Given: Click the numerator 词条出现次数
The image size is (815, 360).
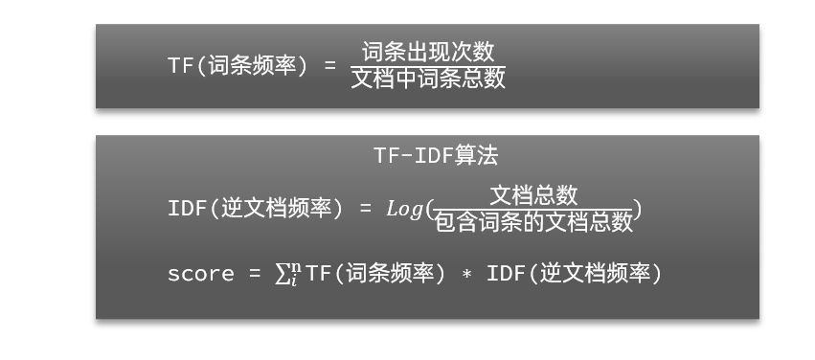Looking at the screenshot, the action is tap(428, 52).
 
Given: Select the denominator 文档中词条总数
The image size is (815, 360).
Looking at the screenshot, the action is tap(428, 79).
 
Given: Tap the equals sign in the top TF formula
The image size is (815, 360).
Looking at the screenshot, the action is tap(330, 65).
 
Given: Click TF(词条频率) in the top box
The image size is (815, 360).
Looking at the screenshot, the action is tap(238, 65).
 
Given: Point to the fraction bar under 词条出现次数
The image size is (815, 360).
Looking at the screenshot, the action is tap(428, 65).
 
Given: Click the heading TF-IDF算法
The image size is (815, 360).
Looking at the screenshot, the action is tap(436, 155).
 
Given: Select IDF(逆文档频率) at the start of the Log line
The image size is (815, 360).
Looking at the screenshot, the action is tap(255, 208).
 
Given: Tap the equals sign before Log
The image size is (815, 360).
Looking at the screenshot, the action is tap(365, 208).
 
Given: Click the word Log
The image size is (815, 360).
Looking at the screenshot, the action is tap(404, 208).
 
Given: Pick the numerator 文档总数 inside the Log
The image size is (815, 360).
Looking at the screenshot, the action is tap(534, 195).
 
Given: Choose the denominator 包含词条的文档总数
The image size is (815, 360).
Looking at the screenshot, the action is tap(534, 222).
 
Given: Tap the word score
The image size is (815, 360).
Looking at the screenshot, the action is tap(200, 274).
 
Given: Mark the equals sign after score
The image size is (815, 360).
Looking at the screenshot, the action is tap(255, 274).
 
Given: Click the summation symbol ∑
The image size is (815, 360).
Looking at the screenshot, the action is tap(282, 275).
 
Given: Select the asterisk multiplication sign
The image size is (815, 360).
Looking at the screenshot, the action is tap(466, 275).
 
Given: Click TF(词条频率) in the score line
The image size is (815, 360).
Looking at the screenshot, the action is tap(375, 274).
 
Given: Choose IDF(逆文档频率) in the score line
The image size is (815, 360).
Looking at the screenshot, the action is tap(575, 274).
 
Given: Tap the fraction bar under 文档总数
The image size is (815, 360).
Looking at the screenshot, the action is tap(534, 209).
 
